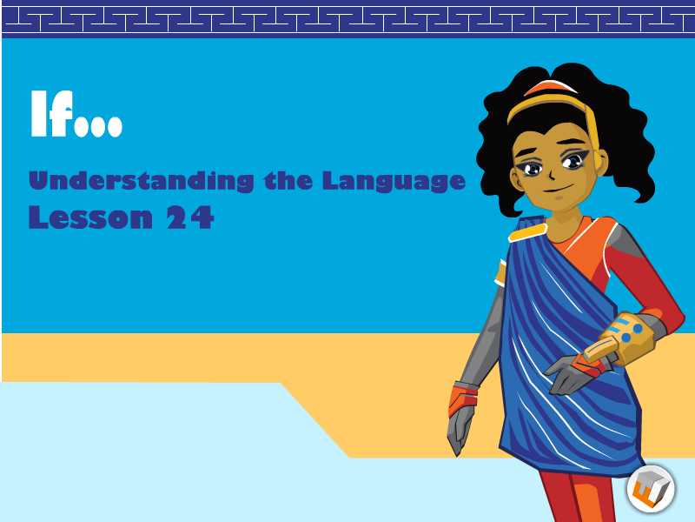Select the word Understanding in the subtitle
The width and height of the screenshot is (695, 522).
pyautogui.click(x=142, y=181)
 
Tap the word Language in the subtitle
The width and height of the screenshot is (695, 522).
pyautogui.click(x=394, y=182)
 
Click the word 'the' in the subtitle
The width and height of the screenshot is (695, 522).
pyautogui.click(x=288, y=180)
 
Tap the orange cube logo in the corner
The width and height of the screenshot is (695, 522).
pyautogui.click(x=651, y=489)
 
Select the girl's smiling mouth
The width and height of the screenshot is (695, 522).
pyautogui.click(x=556, y=190)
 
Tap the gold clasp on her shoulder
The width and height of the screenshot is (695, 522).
pyautogui.click(x=527, y=232)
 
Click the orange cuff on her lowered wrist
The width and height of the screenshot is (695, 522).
pyautogui.click(x=464, y=398)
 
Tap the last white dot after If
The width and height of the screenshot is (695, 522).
pyautogui.click(x=115, y=126)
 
